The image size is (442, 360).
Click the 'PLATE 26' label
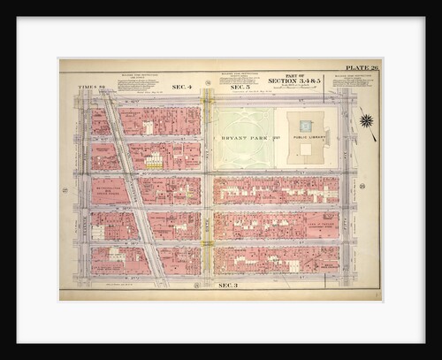pyautogui.click(x=362, y=66)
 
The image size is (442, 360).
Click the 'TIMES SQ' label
pyautogui.click(x=91, y=87)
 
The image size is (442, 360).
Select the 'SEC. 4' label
pyautogui.click(x=181, y=86)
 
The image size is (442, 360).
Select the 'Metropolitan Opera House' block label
pyautogui.click(x=109, y=190)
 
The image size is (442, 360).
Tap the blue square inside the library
pyautogui.click(x=306, y=126)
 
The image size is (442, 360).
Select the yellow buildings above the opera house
pyautogui.click(x=155, y=161)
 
